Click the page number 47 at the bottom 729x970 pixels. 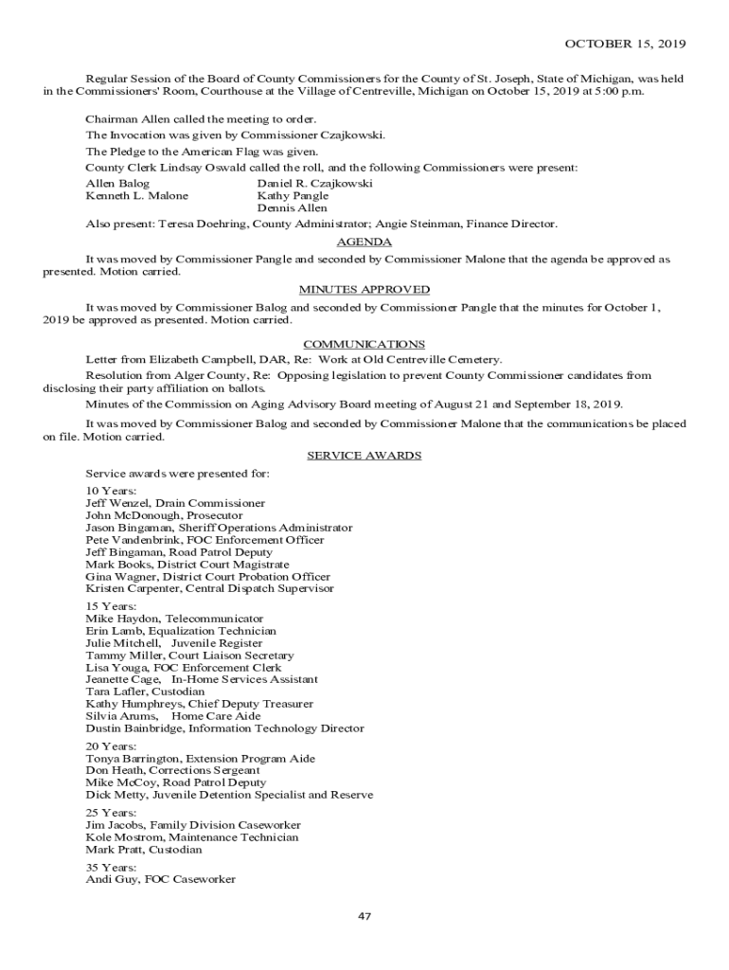pyautogui.click(x=364, y=917)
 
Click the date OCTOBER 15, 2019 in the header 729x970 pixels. pyautogui.click(x=625, y=44)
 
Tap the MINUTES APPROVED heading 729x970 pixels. pyautogui.click(x=364, y=290)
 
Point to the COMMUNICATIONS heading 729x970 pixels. pyautogui.click(x=364, y=344)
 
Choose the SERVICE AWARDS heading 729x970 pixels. pyautogui.click(x=364, y=456)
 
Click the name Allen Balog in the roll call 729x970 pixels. pyautogui.click(x=117, y=183)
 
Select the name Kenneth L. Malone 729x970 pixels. pyautogui.click(x=136, y=195)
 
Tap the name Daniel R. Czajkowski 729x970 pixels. pyautogui.click(x=314, y=183)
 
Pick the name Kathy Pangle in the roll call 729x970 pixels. pyautogui.click(x=293, y=195)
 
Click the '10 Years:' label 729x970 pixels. pyautogui.click(x=111, y=491)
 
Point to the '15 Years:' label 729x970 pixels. pyautogui.click(x=111, y=606)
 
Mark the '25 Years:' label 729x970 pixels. pyautogui.click(x=111, y=813)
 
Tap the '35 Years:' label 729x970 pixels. pyautogui.click(x=111, y=867)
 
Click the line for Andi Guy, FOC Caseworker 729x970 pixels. pyautogui.click(x=160, y=879)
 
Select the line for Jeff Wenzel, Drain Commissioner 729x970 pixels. pyautogui.click(x=175, y=503)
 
